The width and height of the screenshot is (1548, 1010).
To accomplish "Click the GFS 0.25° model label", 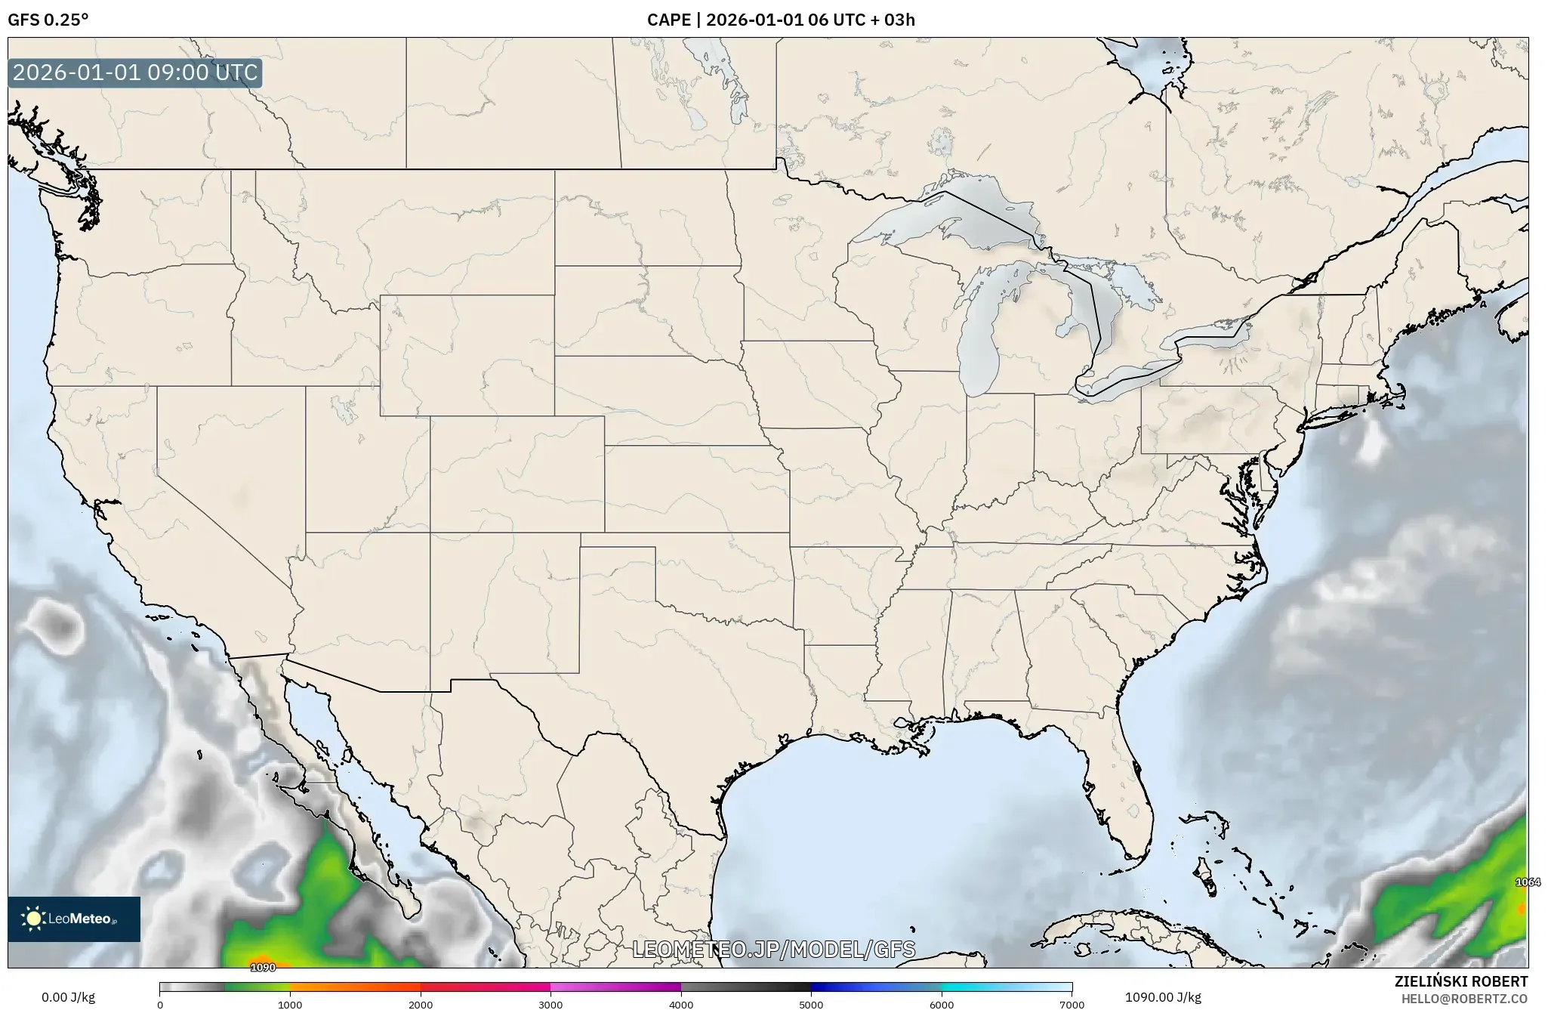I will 48,20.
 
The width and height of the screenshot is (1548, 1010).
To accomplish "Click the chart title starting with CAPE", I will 781,20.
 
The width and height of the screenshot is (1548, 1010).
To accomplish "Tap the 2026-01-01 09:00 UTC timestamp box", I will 135,73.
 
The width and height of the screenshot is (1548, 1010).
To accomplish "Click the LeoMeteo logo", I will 74,919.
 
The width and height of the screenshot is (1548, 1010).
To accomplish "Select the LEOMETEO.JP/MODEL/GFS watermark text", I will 773,949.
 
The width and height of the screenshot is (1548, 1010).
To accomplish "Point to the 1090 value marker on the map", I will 263,967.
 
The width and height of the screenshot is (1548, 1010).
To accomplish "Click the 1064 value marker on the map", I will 1528,882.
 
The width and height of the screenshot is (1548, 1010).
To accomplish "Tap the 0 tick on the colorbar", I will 160,1004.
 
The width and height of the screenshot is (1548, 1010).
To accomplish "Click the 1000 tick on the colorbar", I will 290,1004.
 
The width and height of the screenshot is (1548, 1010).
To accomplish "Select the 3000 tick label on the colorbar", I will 550,1004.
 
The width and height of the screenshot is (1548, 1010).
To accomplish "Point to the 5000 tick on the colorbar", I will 811,1004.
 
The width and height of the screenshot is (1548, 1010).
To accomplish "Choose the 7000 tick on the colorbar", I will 1072,1004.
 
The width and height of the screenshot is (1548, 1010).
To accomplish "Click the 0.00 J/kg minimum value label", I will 69,997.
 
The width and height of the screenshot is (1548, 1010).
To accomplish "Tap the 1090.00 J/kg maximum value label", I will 1163,997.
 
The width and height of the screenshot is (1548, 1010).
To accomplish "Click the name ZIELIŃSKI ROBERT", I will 1460,981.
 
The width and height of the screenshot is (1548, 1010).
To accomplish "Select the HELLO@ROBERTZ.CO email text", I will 1464,999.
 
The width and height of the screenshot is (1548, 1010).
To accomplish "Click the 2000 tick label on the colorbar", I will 421,1004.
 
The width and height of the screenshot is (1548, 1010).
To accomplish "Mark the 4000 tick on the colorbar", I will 681,1004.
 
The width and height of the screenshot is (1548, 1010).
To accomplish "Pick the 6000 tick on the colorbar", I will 942,1004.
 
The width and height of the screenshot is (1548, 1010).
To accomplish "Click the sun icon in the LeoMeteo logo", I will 33,919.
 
